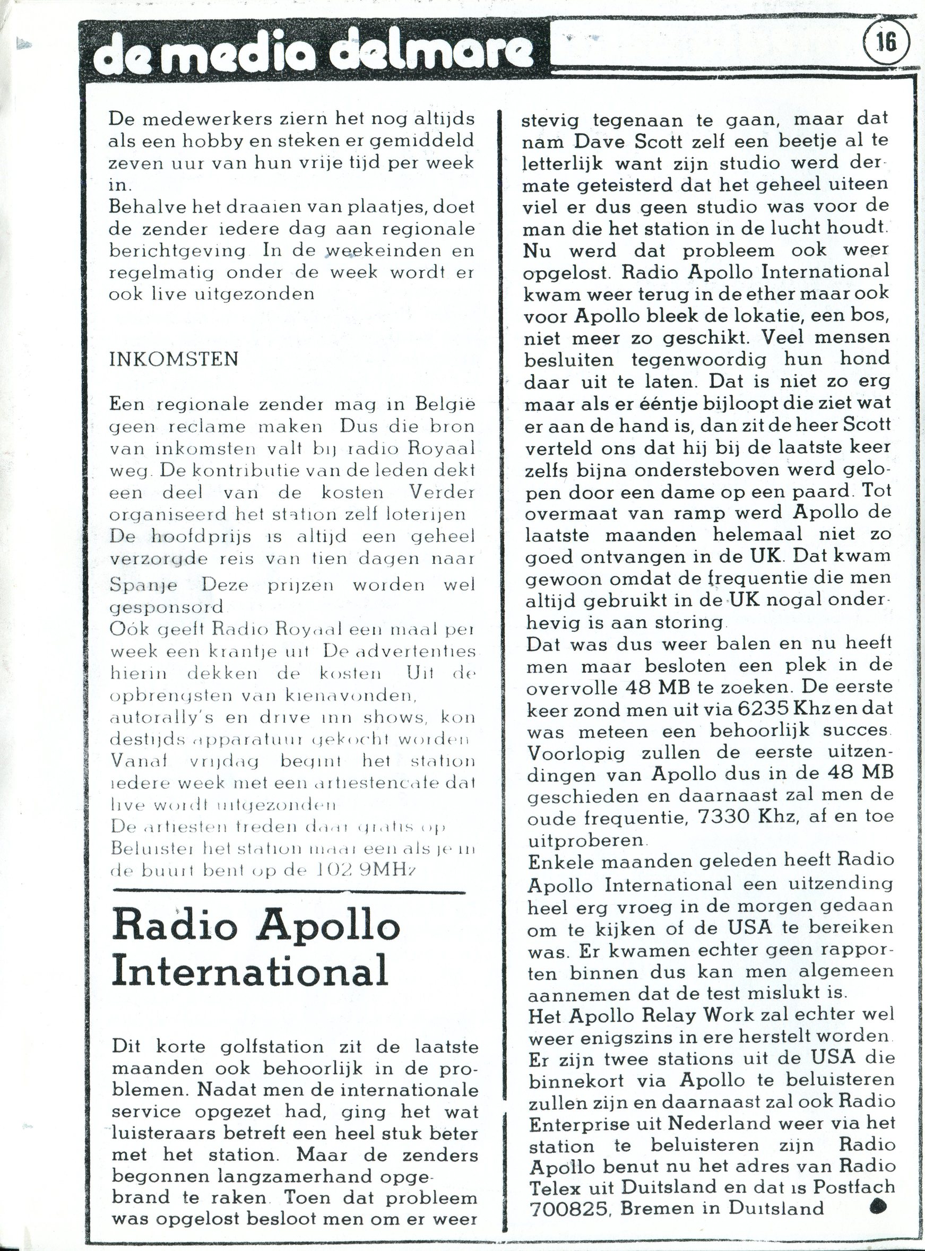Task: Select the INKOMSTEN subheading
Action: click(174, 359)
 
